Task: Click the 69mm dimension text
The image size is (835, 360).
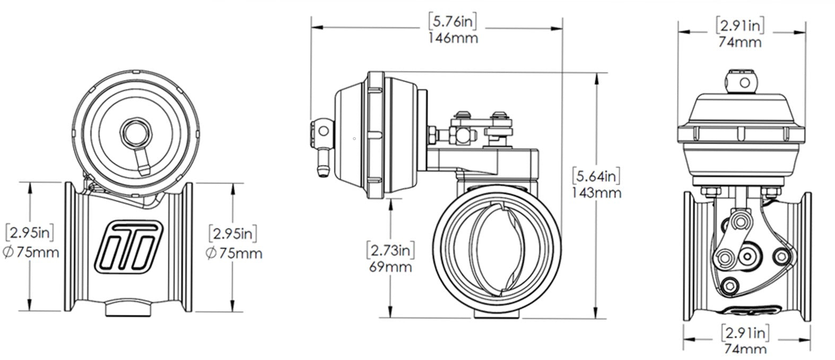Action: pos(390,266)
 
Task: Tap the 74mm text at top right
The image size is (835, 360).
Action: pos(740,42)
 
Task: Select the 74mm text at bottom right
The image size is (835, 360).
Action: pos(745,348)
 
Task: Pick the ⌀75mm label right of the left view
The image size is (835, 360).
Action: pos(233,253)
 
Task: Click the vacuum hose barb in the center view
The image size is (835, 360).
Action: pos(320,162)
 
